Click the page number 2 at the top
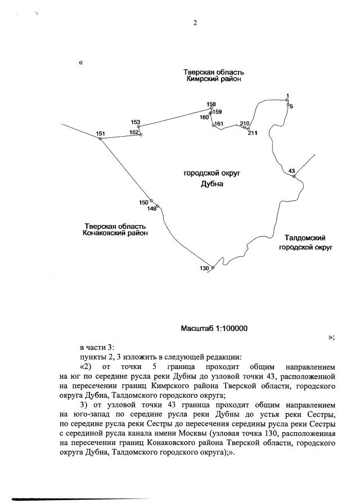coord(195,23)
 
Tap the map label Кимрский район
coord(213,80)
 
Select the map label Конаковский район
coord(115,232)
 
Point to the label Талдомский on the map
coord(305,238)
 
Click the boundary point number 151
coord(101,133)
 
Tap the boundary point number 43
coord(291,170)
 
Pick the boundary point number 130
coord(204,268)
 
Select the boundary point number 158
coord(211,104)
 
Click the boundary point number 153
coord(136,122)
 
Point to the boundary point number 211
coord(253,133)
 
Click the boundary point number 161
coord(219,123)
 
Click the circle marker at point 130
coord(212,268)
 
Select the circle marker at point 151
coord(101,138)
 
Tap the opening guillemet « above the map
coord(81,62)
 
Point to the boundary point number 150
coord(144,202)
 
